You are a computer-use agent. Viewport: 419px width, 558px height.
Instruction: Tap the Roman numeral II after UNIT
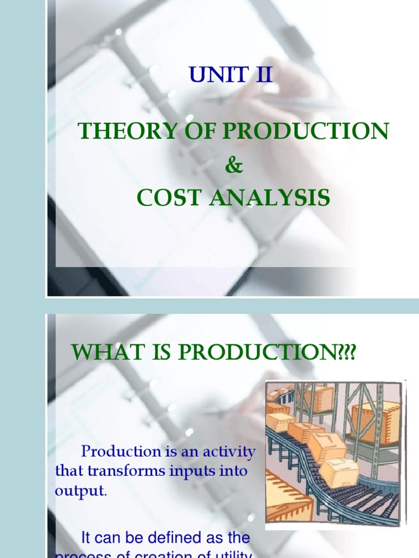click(x=259, y=75)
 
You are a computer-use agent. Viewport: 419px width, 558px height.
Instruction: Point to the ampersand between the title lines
click(x=233, y=166)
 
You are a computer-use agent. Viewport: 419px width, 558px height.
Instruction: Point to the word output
click(x=80, y=490)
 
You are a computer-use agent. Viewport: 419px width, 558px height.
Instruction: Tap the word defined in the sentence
click(x=164, y=538)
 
